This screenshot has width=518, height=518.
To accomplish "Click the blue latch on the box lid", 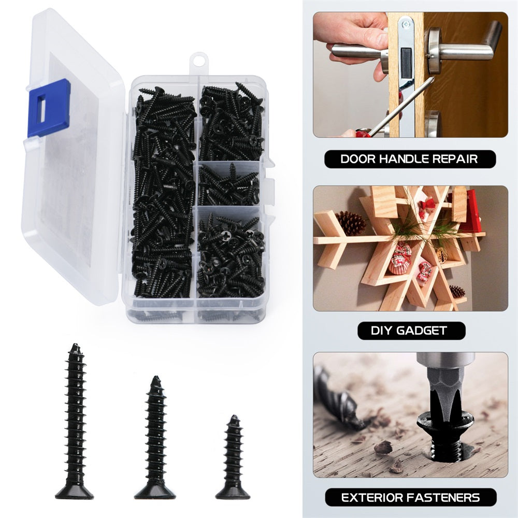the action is pyautogui.click(x=49, y=108).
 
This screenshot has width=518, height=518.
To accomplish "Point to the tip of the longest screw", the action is pyautogui.click(x=75, y=344).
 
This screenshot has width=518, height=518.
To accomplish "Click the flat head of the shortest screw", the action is pyautogui.click(x=233, y=493).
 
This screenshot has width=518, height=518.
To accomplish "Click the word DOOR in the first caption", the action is pyautogui.click(x=357, y=159).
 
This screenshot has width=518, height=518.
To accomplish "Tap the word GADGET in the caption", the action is pyautogui.click(x=422, y=330).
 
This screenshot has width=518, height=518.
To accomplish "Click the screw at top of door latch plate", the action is pyautogui.click(x=406, y=24).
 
